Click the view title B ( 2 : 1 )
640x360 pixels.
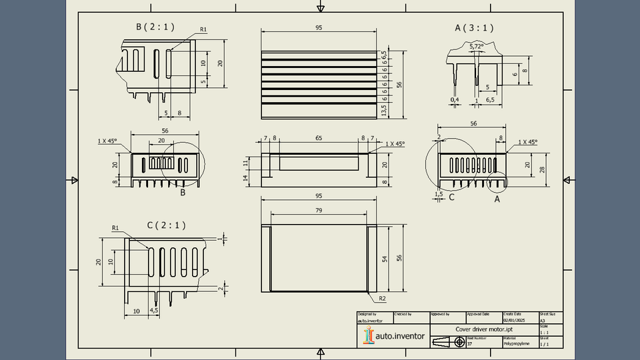[x=155, y=27]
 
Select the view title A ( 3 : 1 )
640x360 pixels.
[x=474, y=28]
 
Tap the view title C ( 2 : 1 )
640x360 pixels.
[x=167, y=225]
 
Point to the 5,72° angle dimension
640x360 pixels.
[x=477, y=47]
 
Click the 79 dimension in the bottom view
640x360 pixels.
[x=319, y=211]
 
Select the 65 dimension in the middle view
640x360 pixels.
[x=319, y=138]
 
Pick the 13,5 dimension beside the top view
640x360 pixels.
[x=384, y=109]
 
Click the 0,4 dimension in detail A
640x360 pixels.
[x=455, y=100]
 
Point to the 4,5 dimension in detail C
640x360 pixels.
[x=154, y=311]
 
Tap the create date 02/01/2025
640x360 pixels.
[x=515, y=320]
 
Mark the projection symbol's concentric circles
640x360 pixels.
[x=459, y=342]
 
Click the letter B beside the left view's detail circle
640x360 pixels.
[x=183, y=193]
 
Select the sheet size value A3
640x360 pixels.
[x=543, y=320]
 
